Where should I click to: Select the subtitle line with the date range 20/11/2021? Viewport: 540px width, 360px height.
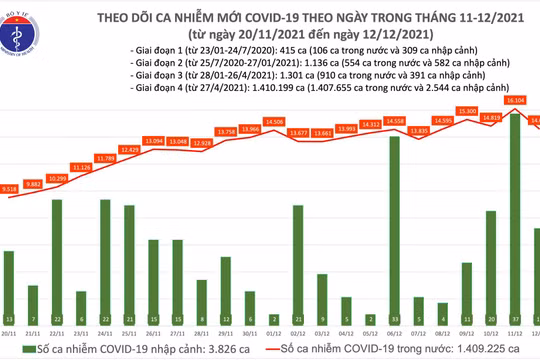[300, 33]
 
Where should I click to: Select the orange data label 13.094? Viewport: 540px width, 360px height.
[153, 141]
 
